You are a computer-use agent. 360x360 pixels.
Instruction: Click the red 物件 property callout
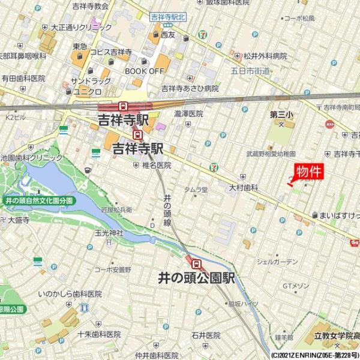click(309, 171)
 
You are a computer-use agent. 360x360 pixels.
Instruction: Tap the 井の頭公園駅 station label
click(196, 279)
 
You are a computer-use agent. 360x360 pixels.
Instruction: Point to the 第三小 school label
click(281, 113)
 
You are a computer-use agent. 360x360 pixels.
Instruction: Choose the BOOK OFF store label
click(144, 71)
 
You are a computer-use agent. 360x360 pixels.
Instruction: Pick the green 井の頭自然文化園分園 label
click(38, 200)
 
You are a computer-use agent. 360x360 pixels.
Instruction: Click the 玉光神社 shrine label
click(109, 232)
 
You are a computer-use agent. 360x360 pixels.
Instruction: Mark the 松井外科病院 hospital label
click(265, 56)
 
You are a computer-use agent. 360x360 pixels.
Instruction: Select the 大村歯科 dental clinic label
click(243, 188)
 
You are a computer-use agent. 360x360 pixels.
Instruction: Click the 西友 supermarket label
click(167, 35)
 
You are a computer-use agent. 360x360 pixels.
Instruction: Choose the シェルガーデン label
click(277, 262)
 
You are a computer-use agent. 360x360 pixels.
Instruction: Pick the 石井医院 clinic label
click(206, 335)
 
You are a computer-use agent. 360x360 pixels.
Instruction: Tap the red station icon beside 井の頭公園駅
click(196, 262)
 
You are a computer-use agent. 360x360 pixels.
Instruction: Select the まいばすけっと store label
click(338, 215)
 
